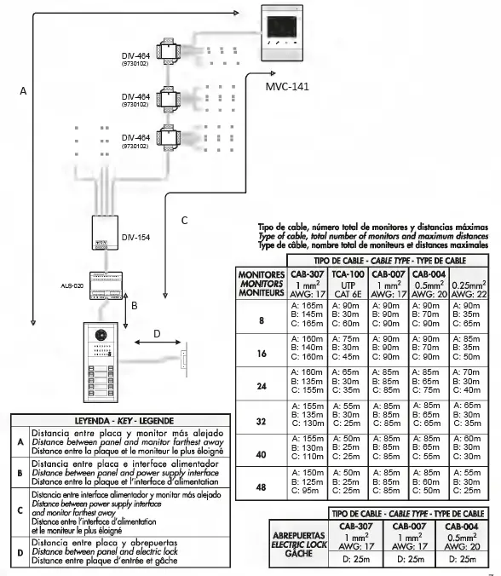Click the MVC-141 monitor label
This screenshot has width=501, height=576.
pyautogui.click(x=286, y=87)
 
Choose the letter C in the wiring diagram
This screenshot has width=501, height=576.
pyautogui.click(x=184, y=221)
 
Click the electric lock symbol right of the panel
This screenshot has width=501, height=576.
pyautogui.click(x=182, y=358)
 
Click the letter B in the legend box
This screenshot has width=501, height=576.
pyautogui.click(x=20, y=469)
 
